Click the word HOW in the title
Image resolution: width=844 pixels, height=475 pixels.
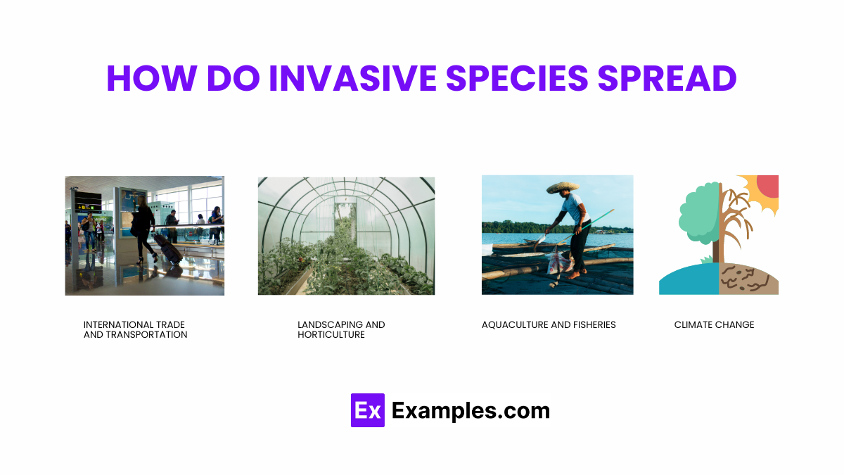pos(149,79)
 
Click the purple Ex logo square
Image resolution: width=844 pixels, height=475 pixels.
pos(367,410)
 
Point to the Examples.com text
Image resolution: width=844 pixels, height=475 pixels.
pos(471,410)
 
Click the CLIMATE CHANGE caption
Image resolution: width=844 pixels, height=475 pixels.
pos(714,324)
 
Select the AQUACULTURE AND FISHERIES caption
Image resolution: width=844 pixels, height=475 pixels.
pos(549,324)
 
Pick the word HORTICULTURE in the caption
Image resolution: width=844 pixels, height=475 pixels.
pos(331,335)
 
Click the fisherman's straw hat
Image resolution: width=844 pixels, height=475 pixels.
pos(563,187)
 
